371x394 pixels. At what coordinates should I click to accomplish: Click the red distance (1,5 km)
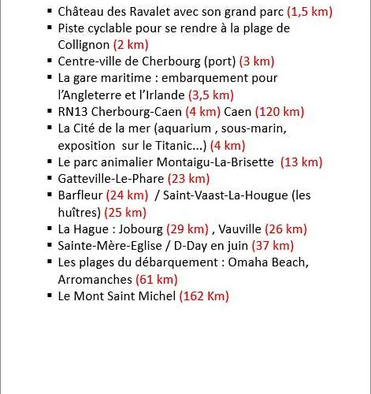coord(310,12)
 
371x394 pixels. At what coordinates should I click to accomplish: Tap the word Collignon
coord(83,45)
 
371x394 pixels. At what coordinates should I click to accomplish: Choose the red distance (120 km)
coord(278,111)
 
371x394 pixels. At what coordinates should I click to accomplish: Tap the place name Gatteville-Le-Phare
coord(110,179)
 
